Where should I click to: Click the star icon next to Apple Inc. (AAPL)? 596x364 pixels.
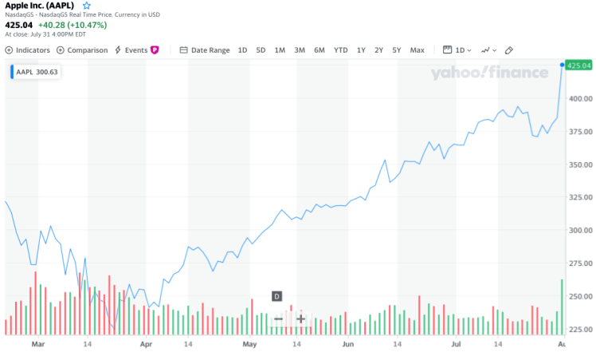click(87, 6)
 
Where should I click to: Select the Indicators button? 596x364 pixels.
click(28, 50)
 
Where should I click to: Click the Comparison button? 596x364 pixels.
click(82, 50)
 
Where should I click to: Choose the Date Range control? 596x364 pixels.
click(205, 50)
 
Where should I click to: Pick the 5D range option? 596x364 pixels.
click(261, 50)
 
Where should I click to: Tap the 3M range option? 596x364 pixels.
click(300, 50)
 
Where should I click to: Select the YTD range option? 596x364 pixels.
click(341, 50)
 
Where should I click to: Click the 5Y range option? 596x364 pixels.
click(396, 50)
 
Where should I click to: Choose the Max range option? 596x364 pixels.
click(417, 50)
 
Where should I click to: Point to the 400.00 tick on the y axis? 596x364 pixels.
click(579, 99)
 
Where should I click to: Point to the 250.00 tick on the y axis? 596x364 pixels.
click(579, 296)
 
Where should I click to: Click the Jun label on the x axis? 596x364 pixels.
click(347, 344)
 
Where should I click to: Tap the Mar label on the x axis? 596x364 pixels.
click(37, 344)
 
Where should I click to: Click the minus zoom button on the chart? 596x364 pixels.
click(278, 319)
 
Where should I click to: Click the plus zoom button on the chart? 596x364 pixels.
click(300, 319)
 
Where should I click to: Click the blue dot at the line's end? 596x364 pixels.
click(562, 65)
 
